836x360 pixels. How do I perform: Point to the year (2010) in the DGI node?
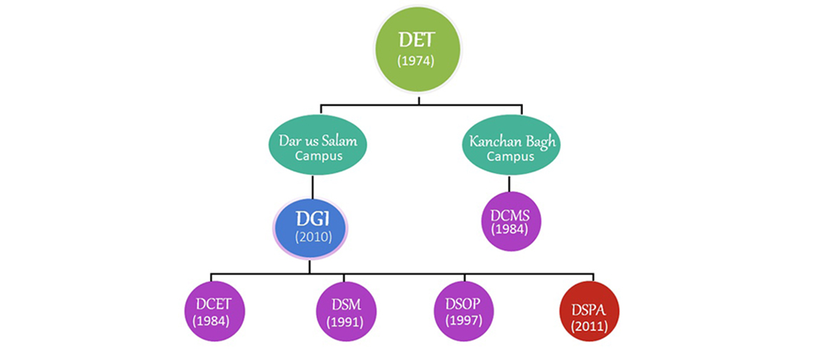pyautogui.click(x=311, y=237)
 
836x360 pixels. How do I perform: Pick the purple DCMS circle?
pyautogui.click(x=510, y=221)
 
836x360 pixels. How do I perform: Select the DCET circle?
pyautogui.click(x=211, y=311)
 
